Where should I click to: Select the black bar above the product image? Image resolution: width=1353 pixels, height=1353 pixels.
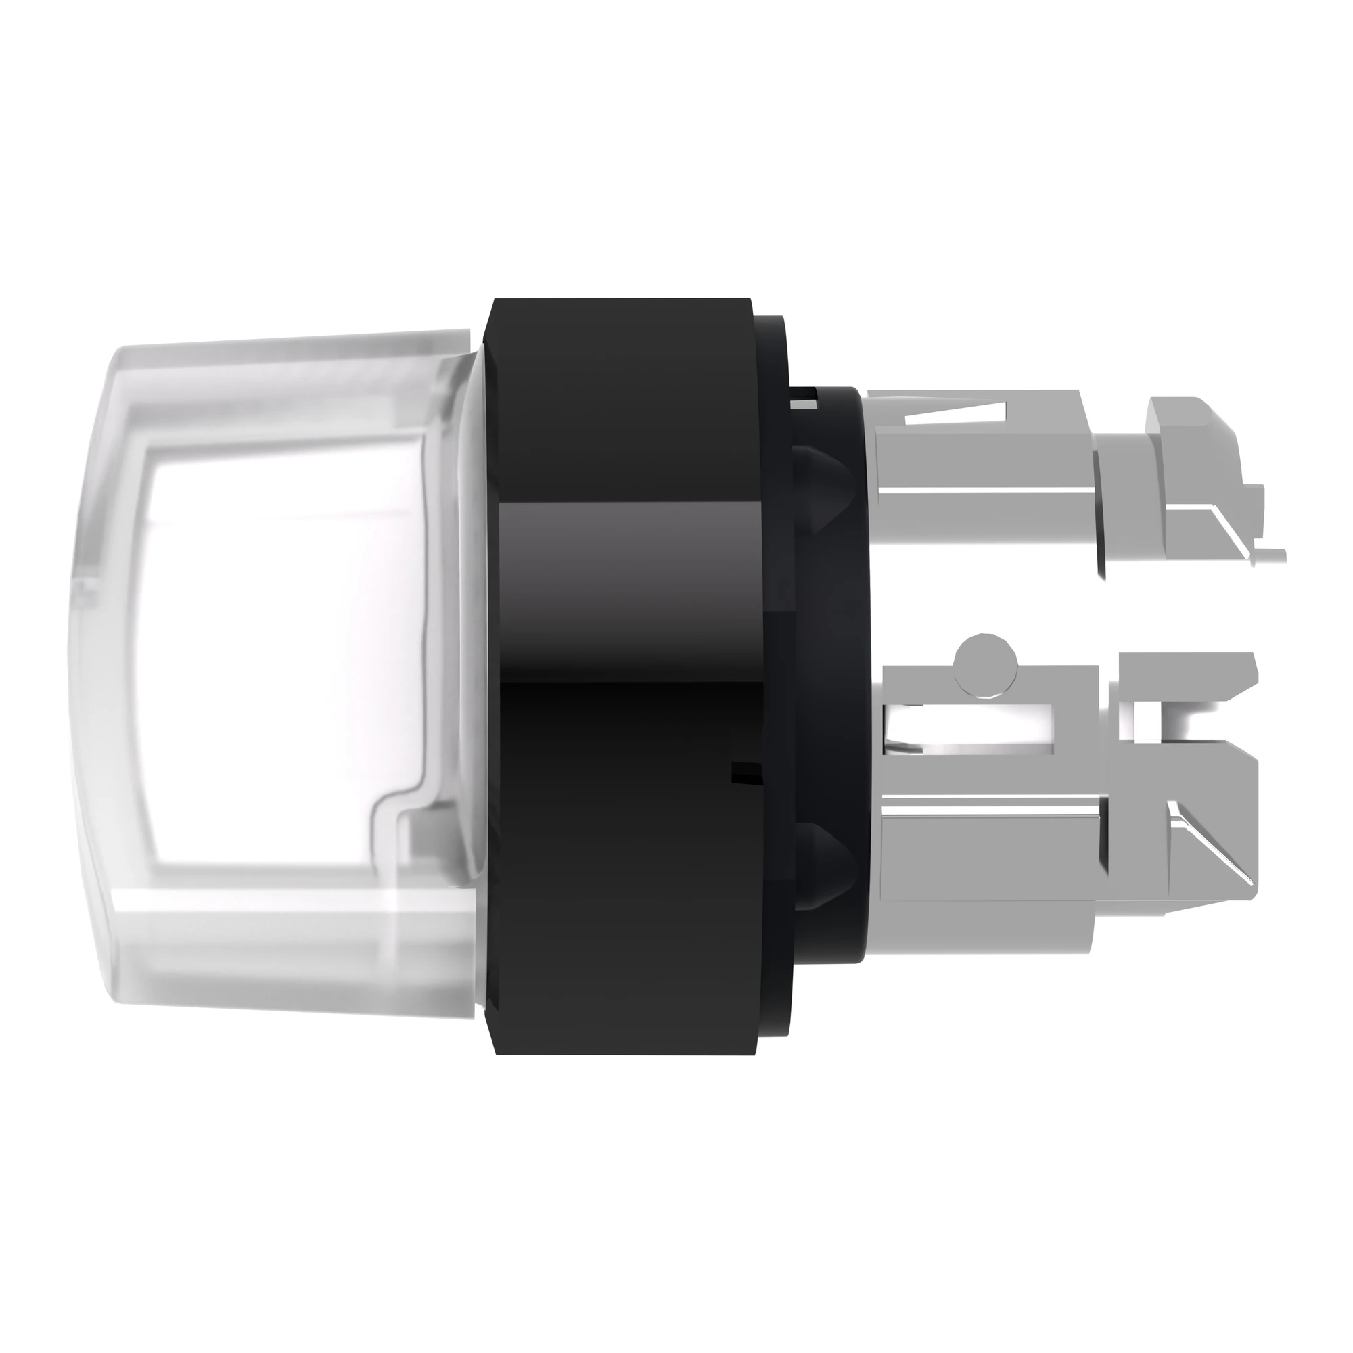(x=676, y=126)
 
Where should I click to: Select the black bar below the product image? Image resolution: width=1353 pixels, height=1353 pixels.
(x=676, y=1226)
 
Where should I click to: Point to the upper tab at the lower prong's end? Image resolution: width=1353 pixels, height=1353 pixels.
(x=1191, y=672)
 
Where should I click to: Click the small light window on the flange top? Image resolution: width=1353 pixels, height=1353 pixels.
(x=802, y=404)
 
